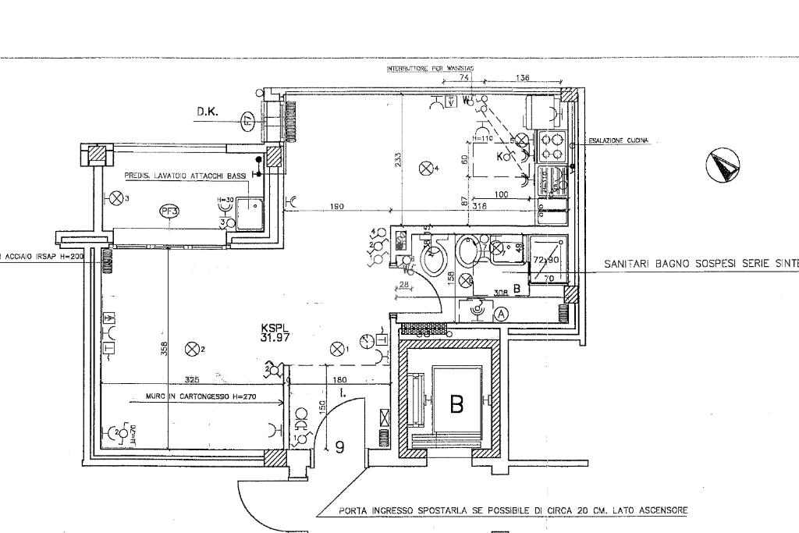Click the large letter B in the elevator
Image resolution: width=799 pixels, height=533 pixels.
point(456,404)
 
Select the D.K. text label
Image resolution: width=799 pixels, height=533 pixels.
point(207,113)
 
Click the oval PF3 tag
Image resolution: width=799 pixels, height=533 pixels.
point(168,211)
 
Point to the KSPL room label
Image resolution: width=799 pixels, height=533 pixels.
point(275,329)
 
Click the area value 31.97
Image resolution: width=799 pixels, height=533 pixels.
point(275,338)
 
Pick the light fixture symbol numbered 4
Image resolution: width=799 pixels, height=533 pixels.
point(425,167)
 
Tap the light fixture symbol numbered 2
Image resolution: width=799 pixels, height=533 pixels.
point(191,349)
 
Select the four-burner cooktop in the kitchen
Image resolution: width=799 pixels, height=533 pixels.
point(552,146)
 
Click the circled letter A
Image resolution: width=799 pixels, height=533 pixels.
point(502,313)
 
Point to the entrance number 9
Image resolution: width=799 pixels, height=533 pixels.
point(339,447)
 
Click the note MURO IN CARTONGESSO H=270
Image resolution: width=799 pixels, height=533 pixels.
point(189,397)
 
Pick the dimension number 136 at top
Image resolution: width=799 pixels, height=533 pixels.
point(523,78)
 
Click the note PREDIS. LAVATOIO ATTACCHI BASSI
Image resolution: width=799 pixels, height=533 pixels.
point(186,176)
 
